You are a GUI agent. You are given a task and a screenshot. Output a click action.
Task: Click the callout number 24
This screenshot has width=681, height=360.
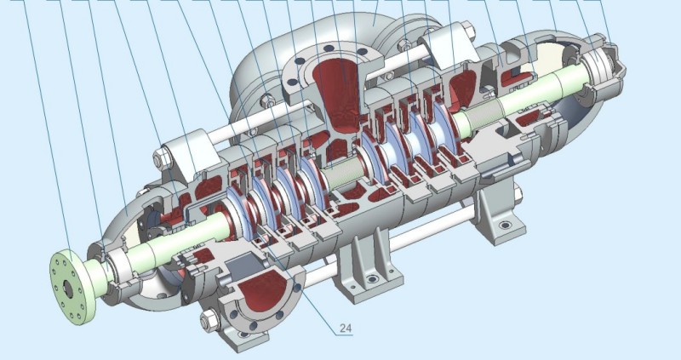pyautogui.click(x=346, y=329)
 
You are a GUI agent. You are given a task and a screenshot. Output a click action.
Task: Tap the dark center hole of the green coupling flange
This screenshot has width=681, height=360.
pyautogui.click(x=69, y=289)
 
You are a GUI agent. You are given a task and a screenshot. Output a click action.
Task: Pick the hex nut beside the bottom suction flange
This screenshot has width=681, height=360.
pyautogui.click(x=209, y=321)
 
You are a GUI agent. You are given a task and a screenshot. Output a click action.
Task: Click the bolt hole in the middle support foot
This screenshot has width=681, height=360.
pyautogui.click(x=371, y=279)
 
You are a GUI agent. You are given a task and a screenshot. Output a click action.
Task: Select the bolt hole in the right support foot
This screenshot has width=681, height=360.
pyautogui.click(x=505, y=226)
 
